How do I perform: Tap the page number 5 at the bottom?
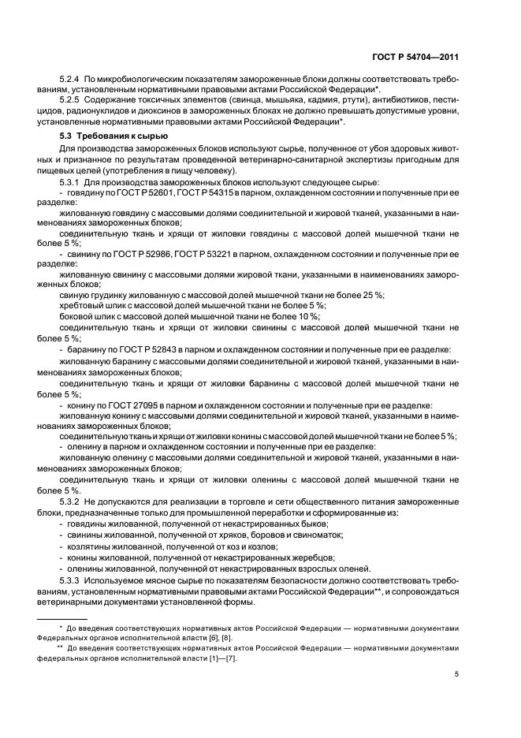(x=456, y=674)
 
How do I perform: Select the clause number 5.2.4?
(x=71, y=80)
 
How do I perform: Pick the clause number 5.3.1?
(x=71, y=183)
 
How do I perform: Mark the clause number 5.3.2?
(x=71, y=501)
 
